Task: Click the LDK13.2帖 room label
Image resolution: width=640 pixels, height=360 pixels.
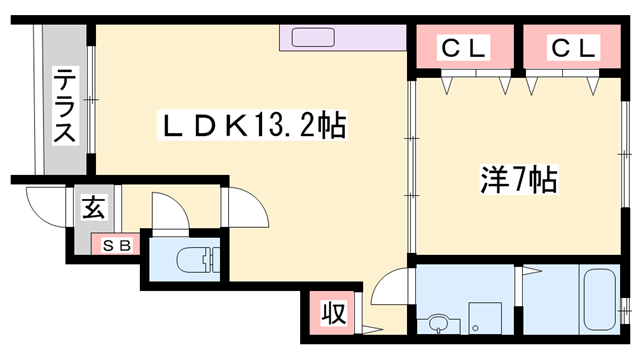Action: tap(256, 127)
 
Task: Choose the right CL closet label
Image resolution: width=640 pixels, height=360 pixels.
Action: tap(571, 48)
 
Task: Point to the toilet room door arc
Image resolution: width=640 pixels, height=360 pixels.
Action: tap(168, 210)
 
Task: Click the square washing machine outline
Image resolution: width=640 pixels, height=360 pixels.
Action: tap(486, 319)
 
